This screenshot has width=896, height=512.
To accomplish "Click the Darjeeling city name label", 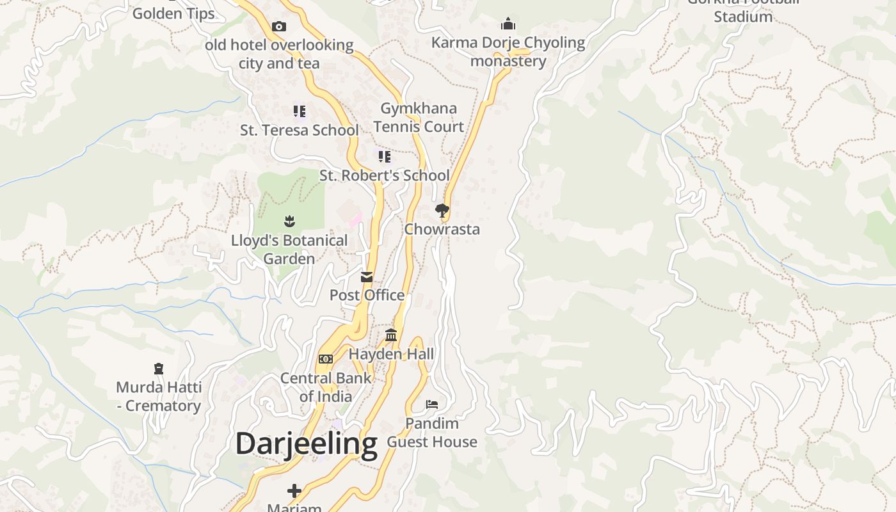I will (x=306, y=444).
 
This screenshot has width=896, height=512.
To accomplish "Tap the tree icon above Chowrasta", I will (x=442, y=210).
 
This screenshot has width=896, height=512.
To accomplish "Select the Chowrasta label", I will (x=442, y=229).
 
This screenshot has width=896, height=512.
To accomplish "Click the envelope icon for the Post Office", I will (x=367, y=277).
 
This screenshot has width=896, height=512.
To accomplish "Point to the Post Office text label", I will (x=367, y=295).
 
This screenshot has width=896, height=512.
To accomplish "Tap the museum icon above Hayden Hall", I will (x=391, y=335).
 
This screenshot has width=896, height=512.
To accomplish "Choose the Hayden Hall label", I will (x=391, y=354).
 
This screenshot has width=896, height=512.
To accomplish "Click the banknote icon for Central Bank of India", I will (x=326, y=359).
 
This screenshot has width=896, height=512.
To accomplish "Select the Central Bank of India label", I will (x=326, y=387).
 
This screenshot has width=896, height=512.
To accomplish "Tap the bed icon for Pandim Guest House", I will (x=433, y=404).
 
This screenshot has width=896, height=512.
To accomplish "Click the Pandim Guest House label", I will (x=433, y=433).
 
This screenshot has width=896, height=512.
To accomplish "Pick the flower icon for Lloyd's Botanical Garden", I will (x=289, y=222).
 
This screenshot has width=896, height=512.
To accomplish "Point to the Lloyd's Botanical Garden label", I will (x=289, y=250).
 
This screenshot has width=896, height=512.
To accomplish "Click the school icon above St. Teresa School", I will (x=300, y=111).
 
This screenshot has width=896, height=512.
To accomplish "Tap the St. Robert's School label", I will (x=385, y=175).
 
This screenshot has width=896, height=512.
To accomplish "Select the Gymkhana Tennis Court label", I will (x=419, y=117).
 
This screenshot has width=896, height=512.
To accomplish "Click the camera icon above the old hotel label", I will (x=279, y=26).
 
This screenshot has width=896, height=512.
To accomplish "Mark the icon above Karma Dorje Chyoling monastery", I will (x=508, y=24).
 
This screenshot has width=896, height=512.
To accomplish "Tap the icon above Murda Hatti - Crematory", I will (x=159, y=369).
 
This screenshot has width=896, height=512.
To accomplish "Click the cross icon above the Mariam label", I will (x=294, y=491).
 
